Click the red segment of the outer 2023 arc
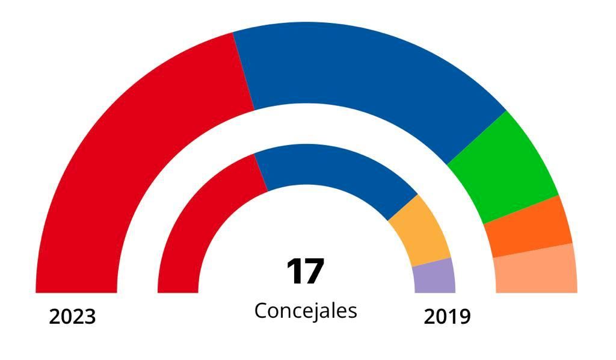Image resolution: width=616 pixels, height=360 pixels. (120, 151)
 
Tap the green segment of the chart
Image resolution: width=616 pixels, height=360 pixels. (508, 166)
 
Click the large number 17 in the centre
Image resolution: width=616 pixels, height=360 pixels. (305, 272)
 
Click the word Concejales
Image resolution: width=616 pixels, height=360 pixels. (306, 311)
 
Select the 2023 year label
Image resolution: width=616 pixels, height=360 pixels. (72, 316)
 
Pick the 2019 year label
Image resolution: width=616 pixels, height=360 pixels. (447, 316)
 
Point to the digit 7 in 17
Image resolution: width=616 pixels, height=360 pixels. (315, 272)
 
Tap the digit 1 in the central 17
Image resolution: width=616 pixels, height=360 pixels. (295, 272)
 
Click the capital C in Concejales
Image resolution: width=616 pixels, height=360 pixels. (260, 311)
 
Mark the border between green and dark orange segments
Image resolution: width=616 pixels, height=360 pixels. (522, 209)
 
